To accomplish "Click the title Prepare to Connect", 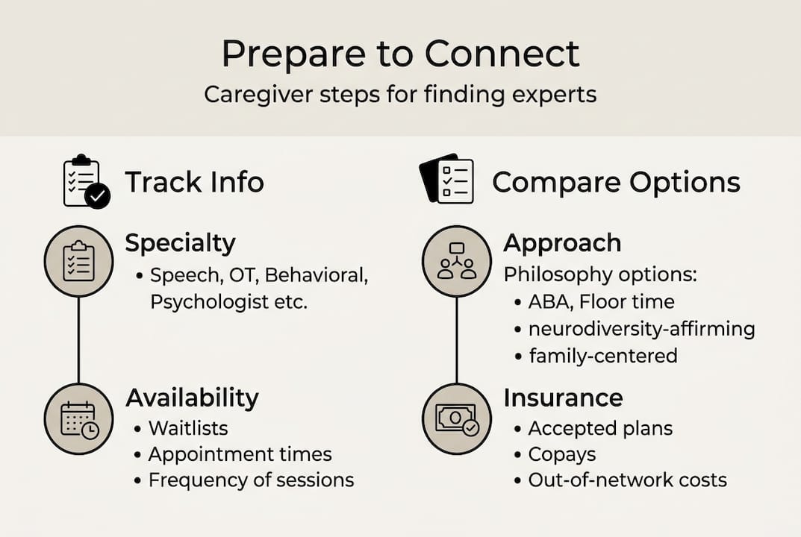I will tap(400, 54).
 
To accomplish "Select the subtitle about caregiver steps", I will tap(400, 95).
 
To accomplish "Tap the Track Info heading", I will tap(194, 183).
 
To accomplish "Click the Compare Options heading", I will tap(616, 183).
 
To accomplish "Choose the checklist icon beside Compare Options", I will tap(447, 179).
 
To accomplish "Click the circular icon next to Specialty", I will tap(78, 261).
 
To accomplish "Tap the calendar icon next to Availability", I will tap(78, 418).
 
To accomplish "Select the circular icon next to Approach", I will tap(457, 261).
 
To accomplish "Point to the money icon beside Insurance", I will tap(457, 418).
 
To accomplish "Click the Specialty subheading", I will tap(180, 243).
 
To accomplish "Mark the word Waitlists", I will tap(188, 428).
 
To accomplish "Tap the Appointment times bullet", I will tap(240, 454).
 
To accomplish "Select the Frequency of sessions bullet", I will tap(251, 480).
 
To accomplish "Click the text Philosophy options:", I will tap(600, 274).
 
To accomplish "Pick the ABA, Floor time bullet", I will tap(601, 301).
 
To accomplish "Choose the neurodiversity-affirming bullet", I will tap(641, 328).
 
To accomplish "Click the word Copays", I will tap(561, 454).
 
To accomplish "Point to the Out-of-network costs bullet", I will tap(627, 480).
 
